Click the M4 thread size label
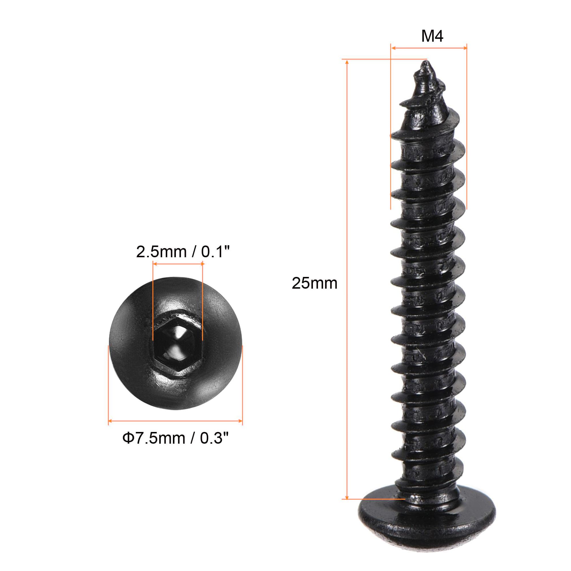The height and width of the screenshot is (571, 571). [432, 37]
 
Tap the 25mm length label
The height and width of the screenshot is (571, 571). [314, 283]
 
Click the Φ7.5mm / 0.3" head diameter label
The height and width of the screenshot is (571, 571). [176, 438]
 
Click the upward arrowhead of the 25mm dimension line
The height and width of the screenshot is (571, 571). [347, 62]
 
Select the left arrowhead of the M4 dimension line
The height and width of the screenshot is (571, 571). [393, 47]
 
